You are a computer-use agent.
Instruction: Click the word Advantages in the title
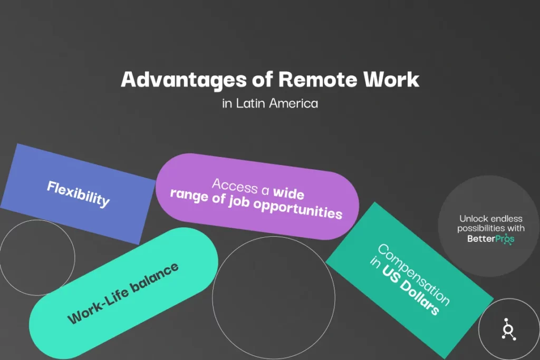(184, 80)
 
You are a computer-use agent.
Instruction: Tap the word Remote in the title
(318, 80)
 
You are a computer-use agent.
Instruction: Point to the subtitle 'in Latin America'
(270, 103)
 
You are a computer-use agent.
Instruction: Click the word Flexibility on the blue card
(78, 194)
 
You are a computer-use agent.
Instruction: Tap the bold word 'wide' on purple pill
(288, 193)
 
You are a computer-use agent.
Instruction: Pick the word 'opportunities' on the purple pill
(298, 209)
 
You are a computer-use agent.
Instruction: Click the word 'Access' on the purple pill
(235, 186)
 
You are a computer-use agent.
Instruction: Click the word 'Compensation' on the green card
(413, 274)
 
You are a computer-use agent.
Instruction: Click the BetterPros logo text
(491, 239)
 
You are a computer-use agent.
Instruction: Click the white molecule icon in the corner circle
(508, 329)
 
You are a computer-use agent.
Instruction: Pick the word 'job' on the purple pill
(239, 202)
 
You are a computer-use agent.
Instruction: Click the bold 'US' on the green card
(390, 274)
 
